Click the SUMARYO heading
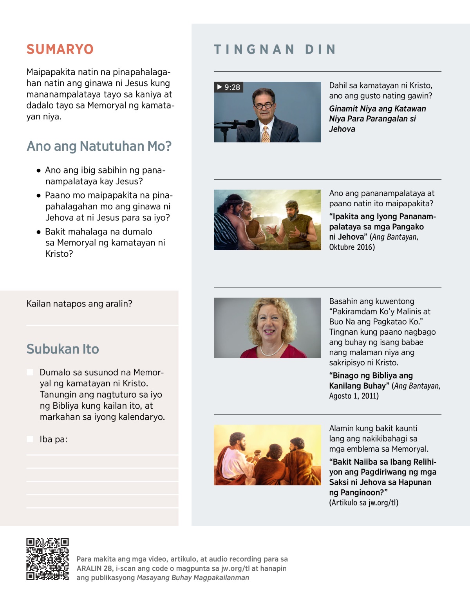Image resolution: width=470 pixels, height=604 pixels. tap(60, 49)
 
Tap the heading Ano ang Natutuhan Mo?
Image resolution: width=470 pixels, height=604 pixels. tap(99, 146)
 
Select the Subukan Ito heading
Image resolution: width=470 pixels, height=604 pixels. tap(63, 349)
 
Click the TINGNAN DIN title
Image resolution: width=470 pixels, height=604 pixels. tap(275, 49)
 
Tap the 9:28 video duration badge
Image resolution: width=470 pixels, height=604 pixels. tap(229, 87)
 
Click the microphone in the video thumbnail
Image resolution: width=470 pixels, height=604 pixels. tap(239, 124)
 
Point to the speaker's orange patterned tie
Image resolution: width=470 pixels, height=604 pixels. tap(266, 133)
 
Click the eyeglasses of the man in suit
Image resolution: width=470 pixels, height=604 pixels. tap(264, 106)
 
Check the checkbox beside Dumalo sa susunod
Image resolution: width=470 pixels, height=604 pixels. tap(30, 372)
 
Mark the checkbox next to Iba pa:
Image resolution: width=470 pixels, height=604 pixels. tap(30, 439)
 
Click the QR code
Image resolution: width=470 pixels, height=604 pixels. tap(47, 559)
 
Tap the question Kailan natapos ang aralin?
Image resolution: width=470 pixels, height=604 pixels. tap(79, 304)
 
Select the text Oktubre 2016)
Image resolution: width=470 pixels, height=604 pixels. tap(352, 247)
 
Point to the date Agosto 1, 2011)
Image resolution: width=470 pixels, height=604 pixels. tap(354, 396)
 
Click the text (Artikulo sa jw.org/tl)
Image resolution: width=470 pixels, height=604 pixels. tap(363, 503)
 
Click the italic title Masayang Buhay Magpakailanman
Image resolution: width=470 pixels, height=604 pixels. tap(193, 578)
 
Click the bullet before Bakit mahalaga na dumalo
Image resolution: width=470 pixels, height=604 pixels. tap(38, 232)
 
